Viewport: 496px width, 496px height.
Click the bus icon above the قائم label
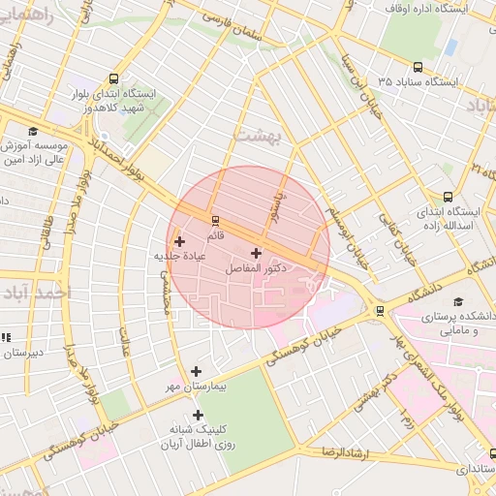tap(215, 220)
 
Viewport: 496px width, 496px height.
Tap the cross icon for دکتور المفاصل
tap(256, 253)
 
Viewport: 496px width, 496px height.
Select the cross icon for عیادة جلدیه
tap(179, 241)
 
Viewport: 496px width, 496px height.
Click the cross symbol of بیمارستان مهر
tap(197, 371)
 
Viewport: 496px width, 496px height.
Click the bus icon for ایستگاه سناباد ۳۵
tap(418, 68)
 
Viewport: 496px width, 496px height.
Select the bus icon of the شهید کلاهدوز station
tap(115, 79)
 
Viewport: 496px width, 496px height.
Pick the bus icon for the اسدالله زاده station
tap(448, 196)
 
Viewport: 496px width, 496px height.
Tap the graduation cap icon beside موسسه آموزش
tap(33, 131)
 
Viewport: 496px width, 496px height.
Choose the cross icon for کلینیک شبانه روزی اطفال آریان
tap(198, 416)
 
